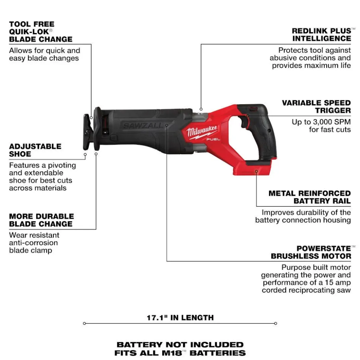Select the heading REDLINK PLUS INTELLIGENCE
(321, 34)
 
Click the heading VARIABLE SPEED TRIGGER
(316, 107)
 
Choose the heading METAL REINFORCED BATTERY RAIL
(310, 197)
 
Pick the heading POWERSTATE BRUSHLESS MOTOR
(311, 252)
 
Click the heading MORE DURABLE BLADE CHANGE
(41, 220)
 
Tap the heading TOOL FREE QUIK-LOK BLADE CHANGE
(41, 32)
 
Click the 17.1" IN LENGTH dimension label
(180, 318)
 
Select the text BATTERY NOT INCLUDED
(180, 345)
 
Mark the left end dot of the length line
(85, 324)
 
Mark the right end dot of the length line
(275, 324)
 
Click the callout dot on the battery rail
(256, 172)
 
